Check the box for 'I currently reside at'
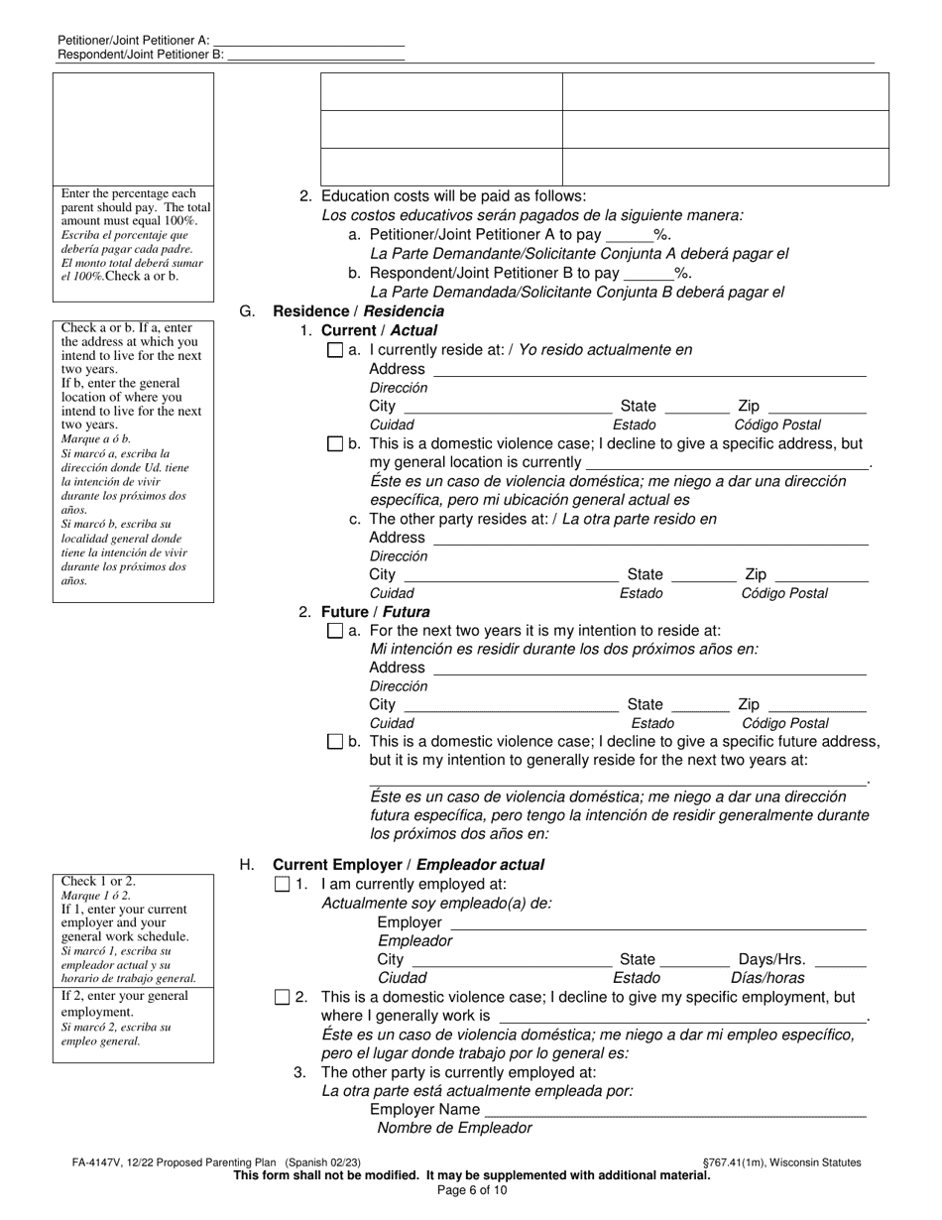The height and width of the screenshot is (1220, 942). (335, 350)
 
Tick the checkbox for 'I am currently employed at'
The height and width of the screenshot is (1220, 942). (283, 884)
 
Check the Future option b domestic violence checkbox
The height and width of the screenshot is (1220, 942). (335, 741)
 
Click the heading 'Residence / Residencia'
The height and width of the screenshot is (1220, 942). (358, 311)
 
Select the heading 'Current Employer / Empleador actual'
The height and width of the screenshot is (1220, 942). (408, 865)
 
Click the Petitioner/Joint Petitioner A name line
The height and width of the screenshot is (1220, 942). (308, 40)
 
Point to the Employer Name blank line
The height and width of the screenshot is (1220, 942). (674, 1111)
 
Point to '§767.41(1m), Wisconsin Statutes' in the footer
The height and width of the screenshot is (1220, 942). (780, 1162)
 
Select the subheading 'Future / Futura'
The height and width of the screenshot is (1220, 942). (375, 612)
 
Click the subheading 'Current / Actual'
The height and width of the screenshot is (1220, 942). (379, 330)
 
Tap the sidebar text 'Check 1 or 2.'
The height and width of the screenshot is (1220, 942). (99, 881)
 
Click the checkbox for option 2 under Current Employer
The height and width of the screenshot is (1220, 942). (283, 997)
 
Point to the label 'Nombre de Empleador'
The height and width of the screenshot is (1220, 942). (454, 1128)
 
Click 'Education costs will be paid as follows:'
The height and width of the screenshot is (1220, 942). (453, 196)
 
